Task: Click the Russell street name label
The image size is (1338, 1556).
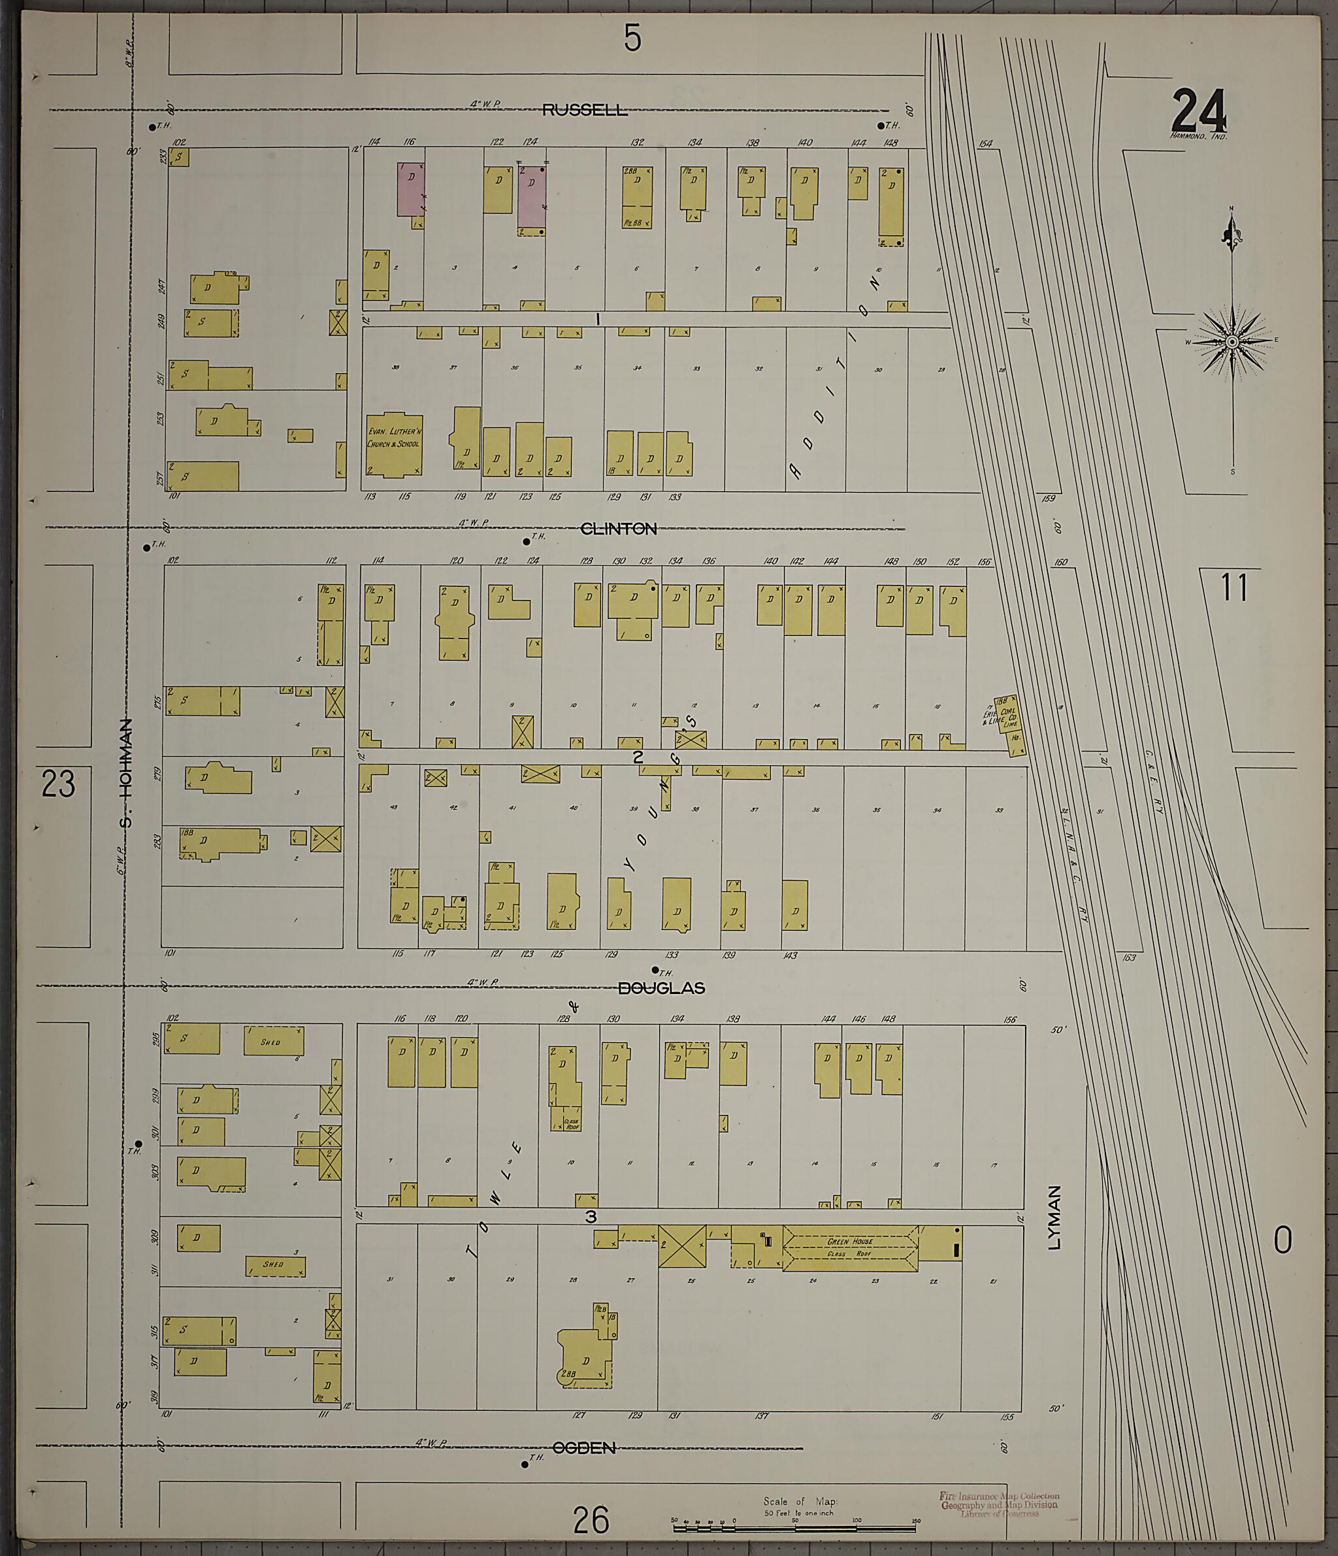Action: pyautogui.click(x=585, y=110)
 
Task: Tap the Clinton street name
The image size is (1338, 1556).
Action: pyautogui.click(x=619, y=529)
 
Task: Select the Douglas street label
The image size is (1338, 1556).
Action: pyautogui.click(x=661, y=988)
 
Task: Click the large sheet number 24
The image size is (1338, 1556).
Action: pyautogui.click(x=1198, y=111)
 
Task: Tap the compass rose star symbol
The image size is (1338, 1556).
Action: pyautogui.click(x=1232, y=342)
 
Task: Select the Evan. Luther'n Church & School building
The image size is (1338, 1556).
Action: pyautogui.click(x=393, y=444)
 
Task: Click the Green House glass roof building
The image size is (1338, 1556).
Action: pyautogui.click(x=849, y=1248)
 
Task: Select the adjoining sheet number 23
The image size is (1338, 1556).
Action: pyautogui.click(x=59, y=784)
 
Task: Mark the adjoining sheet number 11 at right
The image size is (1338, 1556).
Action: pyautogui.click(x=1234, y=588)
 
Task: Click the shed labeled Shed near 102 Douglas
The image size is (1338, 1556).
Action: pyautogui.click(x=273, y=1040)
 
